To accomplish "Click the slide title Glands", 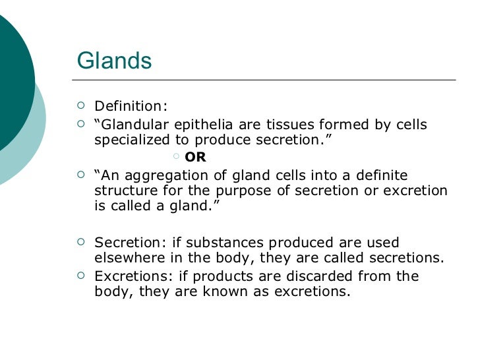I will click(115, 61).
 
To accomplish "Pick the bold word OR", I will click(196, 157).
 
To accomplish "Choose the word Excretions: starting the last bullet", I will click(132, 276).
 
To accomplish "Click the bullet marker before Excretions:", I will click(81, 276).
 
